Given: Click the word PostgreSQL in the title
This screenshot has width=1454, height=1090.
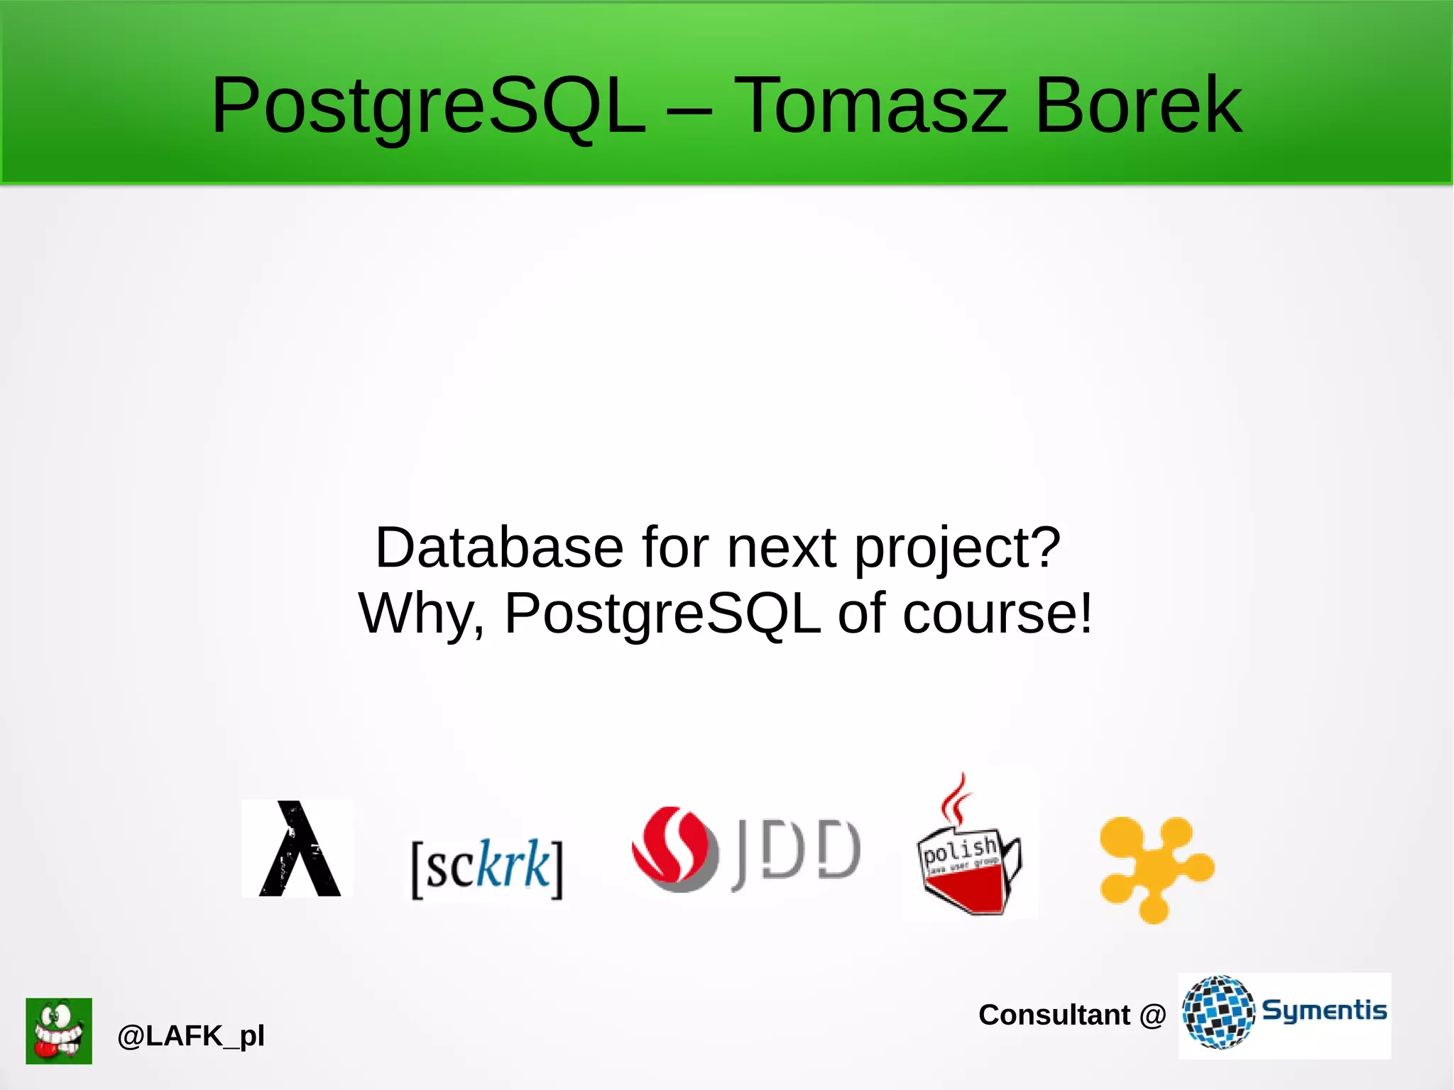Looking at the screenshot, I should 429,107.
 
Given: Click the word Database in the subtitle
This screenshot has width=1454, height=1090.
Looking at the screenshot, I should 499,547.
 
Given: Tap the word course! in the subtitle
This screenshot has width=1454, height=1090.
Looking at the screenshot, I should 997,613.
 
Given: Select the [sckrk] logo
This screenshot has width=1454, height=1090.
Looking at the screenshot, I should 487,867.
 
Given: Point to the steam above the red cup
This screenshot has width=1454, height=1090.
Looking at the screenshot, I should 956,799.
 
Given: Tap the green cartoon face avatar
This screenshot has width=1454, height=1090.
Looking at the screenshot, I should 59,1030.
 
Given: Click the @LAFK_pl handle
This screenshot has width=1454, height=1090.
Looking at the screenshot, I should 191,1036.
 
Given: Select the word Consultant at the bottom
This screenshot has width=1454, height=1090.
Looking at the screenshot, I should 1054,1015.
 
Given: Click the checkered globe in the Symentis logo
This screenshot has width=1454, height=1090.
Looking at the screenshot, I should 1218,1012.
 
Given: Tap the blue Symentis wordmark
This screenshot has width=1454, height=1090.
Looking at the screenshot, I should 1324,1010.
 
